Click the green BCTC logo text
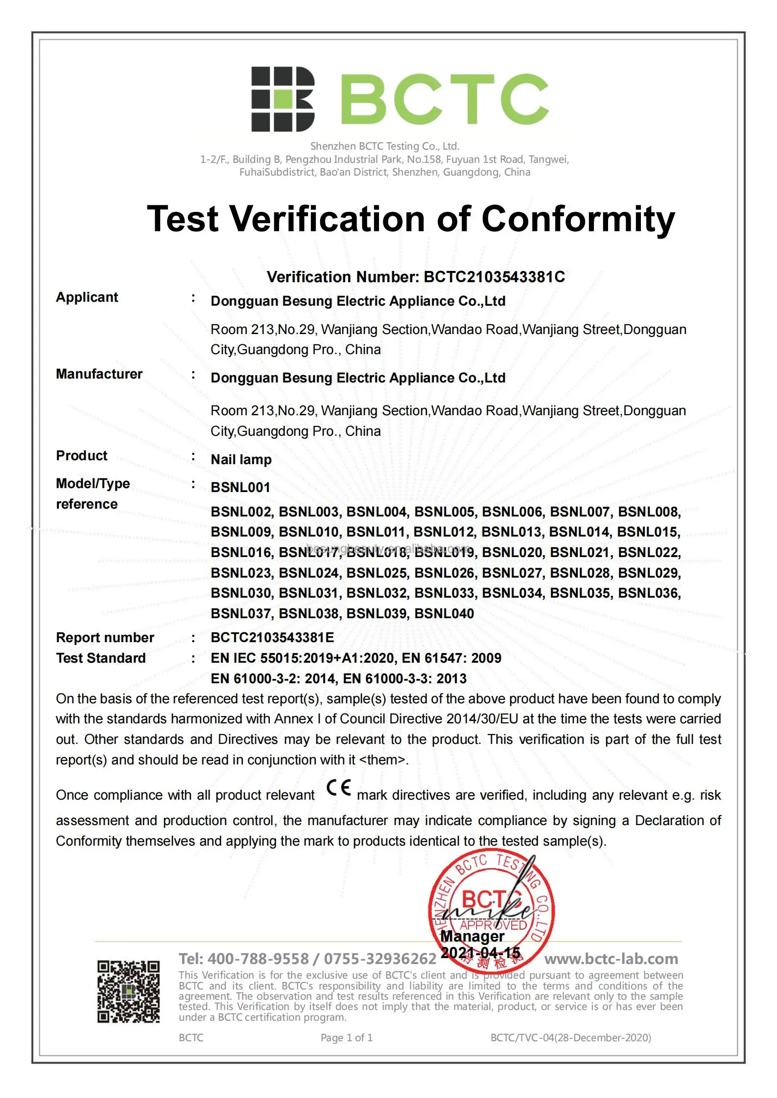tap(444, 99)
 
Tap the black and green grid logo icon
tap(283, 99)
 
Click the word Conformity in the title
tap(578, 219)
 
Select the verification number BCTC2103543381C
tap(494, 277)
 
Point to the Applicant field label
tap(87, 297)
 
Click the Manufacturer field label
tap(99, 374)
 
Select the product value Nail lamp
tap(241, 460)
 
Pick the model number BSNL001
tap(240, 488)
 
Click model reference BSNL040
tap(444, 614)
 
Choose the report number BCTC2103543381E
tap(272, 638)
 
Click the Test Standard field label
tap(101, 658)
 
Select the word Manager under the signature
tap(472, 937)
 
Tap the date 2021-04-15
tap(480, 953)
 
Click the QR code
tap(128, 992)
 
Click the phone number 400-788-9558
tap(258, 959)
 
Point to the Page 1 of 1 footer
tap(347, 1038)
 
